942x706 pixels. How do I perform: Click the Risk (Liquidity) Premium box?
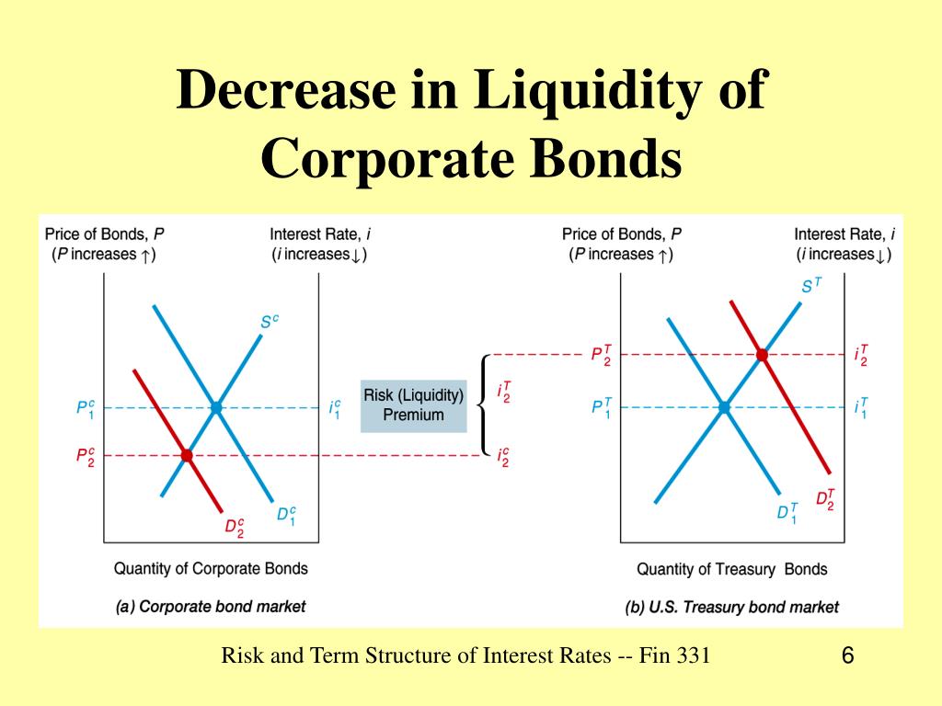413,404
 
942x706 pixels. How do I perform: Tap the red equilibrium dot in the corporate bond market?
187,455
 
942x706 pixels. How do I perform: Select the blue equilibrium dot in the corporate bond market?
216,407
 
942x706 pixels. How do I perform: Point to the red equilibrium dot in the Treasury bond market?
762,355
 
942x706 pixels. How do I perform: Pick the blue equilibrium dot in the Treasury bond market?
724,407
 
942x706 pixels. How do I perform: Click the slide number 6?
847,656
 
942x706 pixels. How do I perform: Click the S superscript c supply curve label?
269,323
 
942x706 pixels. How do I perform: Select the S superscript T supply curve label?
811,286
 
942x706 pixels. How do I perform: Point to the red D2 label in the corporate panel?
235,528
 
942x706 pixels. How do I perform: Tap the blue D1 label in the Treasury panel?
787,513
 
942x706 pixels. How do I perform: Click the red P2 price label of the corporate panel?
85,456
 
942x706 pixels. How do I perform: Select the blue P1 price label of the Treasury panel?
602,407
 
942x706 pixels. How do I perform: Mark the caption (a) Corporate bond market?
211,607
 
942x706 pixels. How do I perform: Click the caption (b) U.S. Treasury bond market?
731,607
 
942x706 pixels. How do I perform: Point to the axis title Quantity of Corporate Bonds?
211,568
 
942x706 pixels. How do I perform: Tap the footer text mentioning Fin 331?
465,655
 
